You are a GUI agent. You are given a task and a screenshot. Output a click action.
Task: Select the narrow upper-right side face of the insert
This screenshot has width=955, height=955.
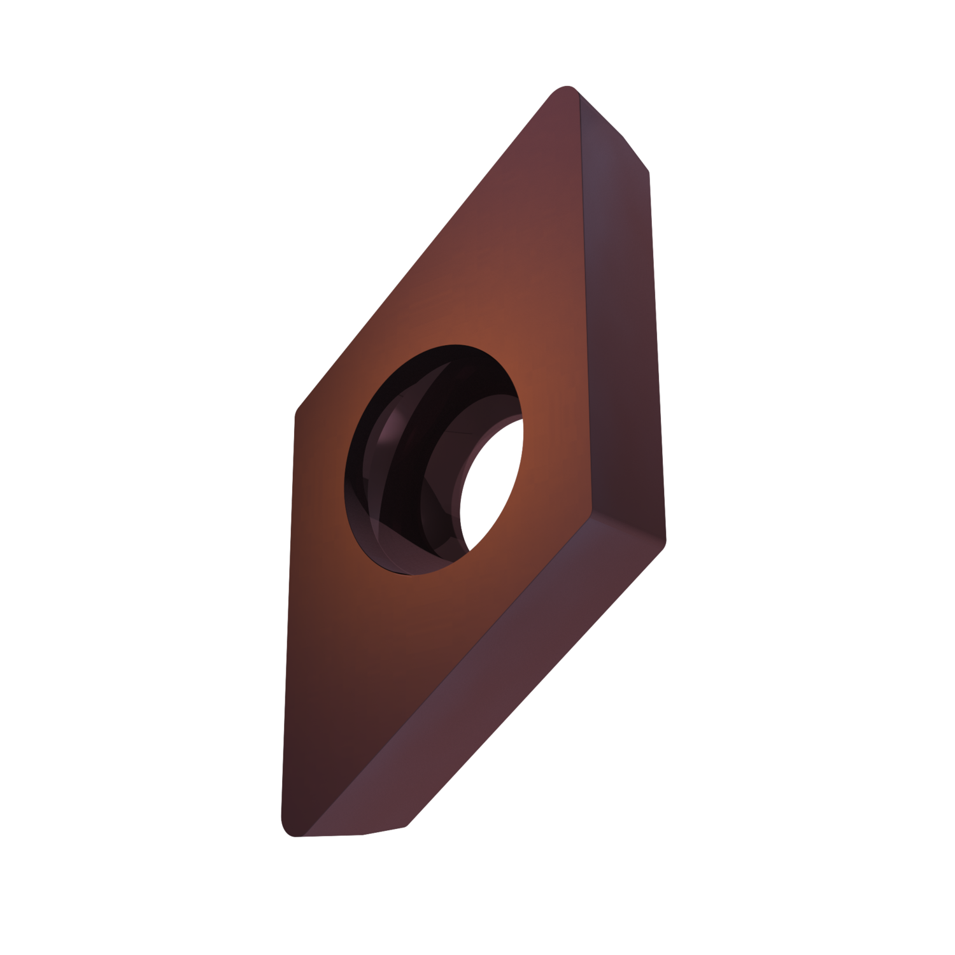click(621, 318)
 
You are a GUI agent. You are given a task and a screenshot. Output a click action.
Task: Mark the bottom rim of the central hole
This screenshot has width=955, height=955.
click(407, 573)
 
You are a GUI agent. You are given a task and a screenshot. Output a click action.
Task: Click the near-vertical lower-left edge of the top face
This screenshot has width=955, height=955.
click(288, 624)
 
